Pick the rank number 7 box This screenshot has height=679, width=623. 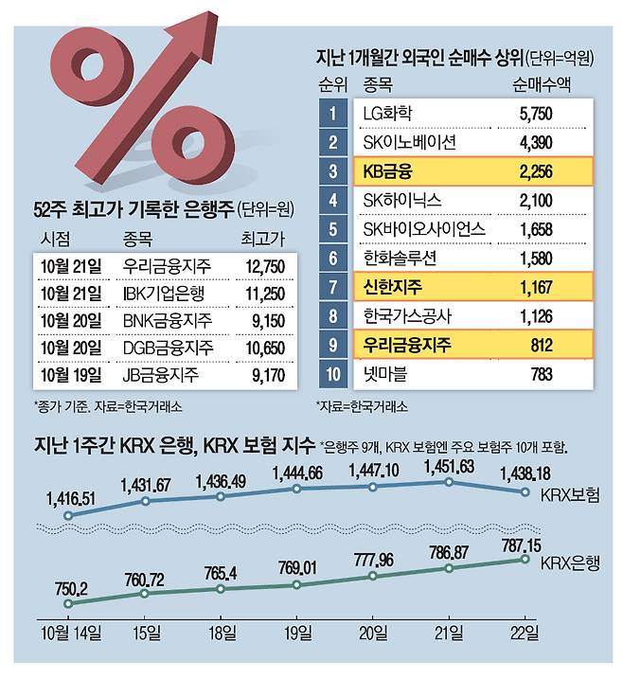[333, 286]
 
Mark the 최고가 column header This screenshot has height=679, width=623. [262, 236]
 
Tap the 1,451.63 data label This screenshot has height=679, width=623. [449, 464]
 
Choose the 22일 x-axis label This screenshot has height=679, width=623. [525, 633]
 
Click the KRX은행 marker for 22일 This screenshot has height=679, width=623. [525, 560]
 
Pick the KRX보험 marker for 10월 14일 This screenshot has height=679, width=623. [68, 516]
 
